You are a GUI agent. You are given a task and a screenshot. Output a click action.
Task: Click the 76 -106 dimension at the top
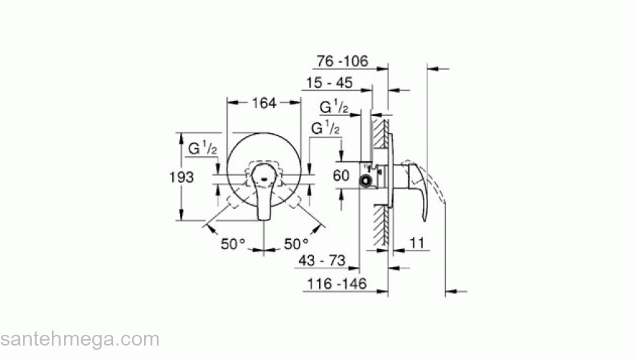point(343,62)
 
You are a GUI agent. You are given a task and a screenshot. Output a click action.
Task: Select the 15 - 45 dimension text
point(328,84)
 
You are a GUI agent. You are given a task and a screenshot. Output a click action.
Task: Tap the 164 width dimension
point(264,103)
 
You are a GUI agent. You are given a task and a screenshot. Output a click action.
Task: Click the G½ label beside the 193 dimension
point(203,150)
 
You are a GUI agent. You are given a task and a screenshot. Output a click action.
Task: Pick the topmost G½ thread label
point(335,107)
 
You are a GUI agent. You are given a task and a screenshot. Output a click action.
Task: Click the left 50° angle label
point(233,244)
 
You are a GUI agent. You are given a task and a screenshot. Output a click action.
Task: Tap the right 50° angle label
point(295,244)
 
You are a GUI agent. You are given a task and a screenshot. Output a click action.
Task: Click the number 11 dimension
point(415,244)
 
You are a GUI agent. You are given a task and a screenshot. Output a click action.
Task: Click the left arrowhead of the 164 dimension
point(231,103)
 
